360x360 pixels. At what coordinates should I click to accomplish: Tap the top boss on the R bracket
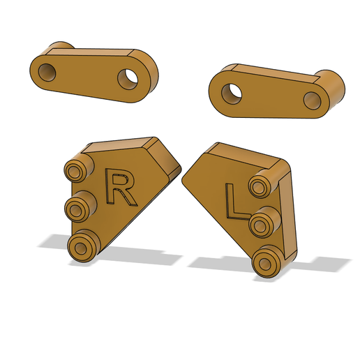pyautogui.click(x=78, y=168)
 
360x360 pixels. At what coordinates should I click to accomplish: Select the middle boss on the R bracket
pyautogui.click(x=80, y=207)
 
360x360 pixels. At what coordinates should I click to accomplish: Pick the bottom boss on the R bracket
pyautogui.click(x=83, y=246)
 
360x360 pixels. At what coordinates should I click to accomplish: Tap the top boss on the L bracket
pyautogui.click(x=262, y=183)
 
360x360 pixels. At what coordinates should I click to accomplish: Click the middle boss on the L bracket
pyautogui.click(x=264, y=222)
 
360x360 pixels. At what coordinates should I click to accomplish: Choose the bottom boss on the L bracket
pyautogui.click(x=267, y=261)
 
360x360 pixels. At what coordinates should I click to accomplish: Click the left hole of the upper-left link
pyautogui.click(x=47, y=73)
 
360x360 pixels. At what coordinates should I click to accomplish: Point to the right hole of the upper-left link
pyautogui.click(x=128, y=79)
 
